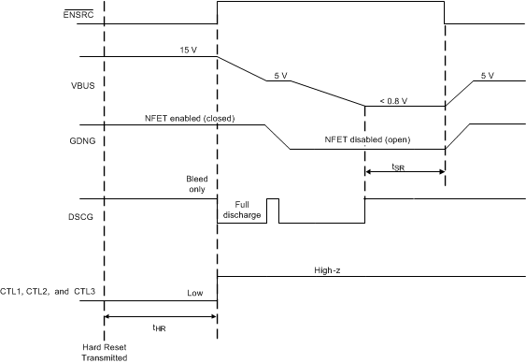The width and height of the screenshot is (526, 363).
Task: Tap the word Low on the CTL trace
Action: coord(194,293)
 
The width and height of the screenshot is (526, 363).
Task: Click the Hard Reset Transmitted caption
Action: coord(105,351)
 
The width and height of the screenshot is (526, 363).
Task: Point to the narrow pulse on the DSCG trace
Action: coord(273,211)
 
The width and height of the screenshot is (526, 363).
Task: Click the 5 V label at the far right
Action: coord(487,75)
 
